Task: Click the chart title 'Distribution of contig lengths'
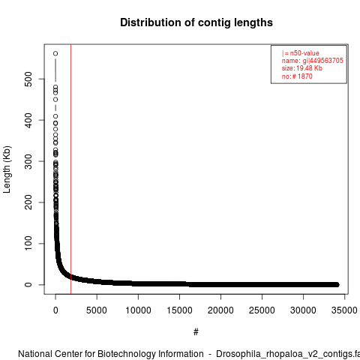click(196, 22)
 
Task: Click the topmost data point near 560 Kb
click(55, 53)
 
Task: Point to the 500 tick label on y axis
click(28, 79)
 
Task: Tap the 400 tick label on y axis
click(28, 120)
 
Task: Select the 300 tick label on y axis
click(28, 161)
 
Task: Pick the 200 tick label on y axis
click(28, 202)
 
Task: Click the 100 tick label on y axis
click(28, 243)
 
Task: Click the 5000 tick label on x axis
click(97, 310)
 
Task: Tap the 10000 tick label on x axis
click(138, 310)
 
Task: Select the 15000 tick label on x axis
click(179, 310)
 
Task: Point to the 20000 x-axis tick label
click(220, 310)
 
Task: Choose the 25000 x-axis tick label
click(262, 310)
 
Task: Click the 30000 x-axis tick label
click(303, 310)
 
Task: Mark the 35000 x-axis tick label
click(344, 310)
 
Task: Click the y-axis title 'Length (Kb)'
click(7, 169)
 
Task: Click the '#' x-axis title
click(196, 332)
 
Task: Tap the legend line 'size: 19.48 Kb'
click(302, 68)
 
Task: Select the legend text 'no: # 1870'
click(297, 76)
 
